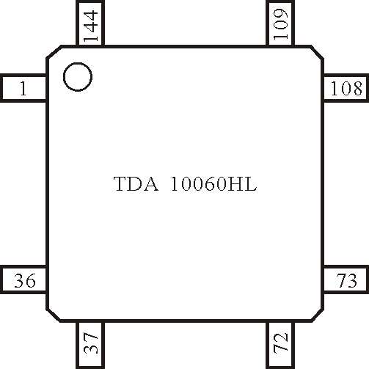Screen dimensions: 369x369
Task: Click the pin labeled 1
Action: tap(23, 88)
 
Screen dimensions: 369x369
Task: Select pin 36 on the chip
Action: tap(23, 280)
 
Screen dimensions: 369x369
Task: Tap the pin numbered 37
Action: tap(90, 346)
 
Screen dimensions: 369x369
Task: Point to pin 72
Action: tap(280, 346)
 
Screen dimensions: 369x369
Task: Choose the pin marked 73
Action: tap(346, 280)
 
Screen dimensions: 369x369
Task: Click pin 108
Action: tap(346, 88)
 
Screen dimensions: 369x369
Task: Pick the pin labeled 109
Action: tap(280, 23)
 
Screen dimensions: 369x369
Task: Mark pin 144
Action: tap(90, 23)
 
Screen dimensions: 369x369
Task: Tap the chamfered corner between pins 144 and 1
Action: tap(54, 52)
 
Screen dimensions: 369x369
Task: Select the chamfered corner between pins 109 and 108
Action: tap(317, 52)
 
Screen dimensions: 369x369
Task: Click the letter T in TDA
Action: tap(121, 184)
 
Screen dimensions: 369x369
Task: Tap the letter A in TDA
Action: tap(151, 184)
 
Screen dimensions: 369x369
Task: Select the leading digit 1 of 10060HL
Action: tap(175, 184)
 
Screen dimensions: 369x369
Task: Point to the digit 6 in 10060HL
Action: tap(211, 184)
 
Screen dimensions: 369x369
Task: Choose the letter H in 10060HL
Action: tap(235, 184)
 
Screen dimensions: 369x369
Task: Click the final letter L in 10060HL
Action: tap(249, 184)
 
